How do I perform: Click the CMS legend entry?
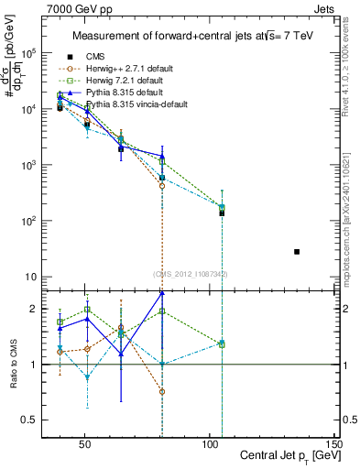[95, 56]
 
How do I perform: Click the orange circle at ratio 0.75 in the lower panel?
[162, 391]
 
